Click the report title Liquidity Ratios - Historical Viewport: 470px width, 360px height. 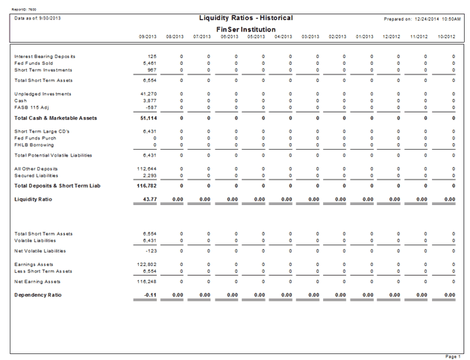(245, 17)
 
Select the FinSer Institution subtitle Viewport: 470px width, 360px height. (245, 28)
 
